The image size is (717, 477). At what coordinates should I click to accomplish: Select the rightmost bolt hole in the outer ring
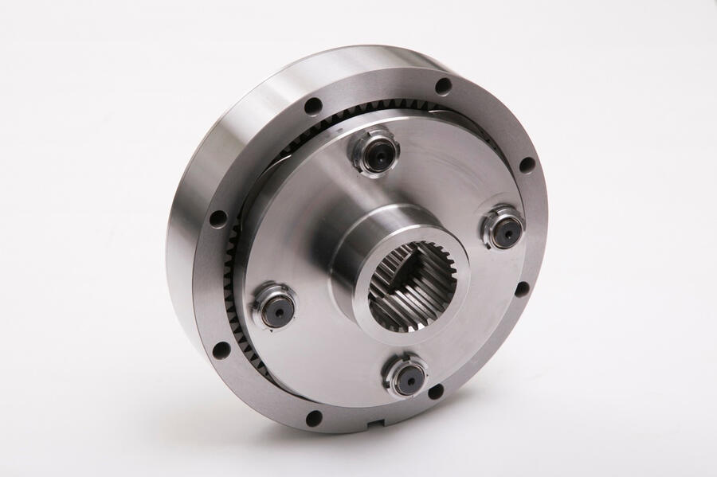pyautogui.click(x=527, y=165)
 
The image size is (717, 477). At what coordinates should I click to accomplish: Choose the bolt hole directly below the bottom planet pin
pyautogui.click(x=435, y=391)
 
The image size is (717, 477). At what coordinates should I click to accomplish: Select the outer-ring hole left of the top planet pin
pyautogui.click(x=313, y=105)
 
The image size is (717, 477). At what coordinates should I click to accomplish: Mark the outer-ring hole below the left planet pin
pyautogui.click(x=222, y=350)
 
